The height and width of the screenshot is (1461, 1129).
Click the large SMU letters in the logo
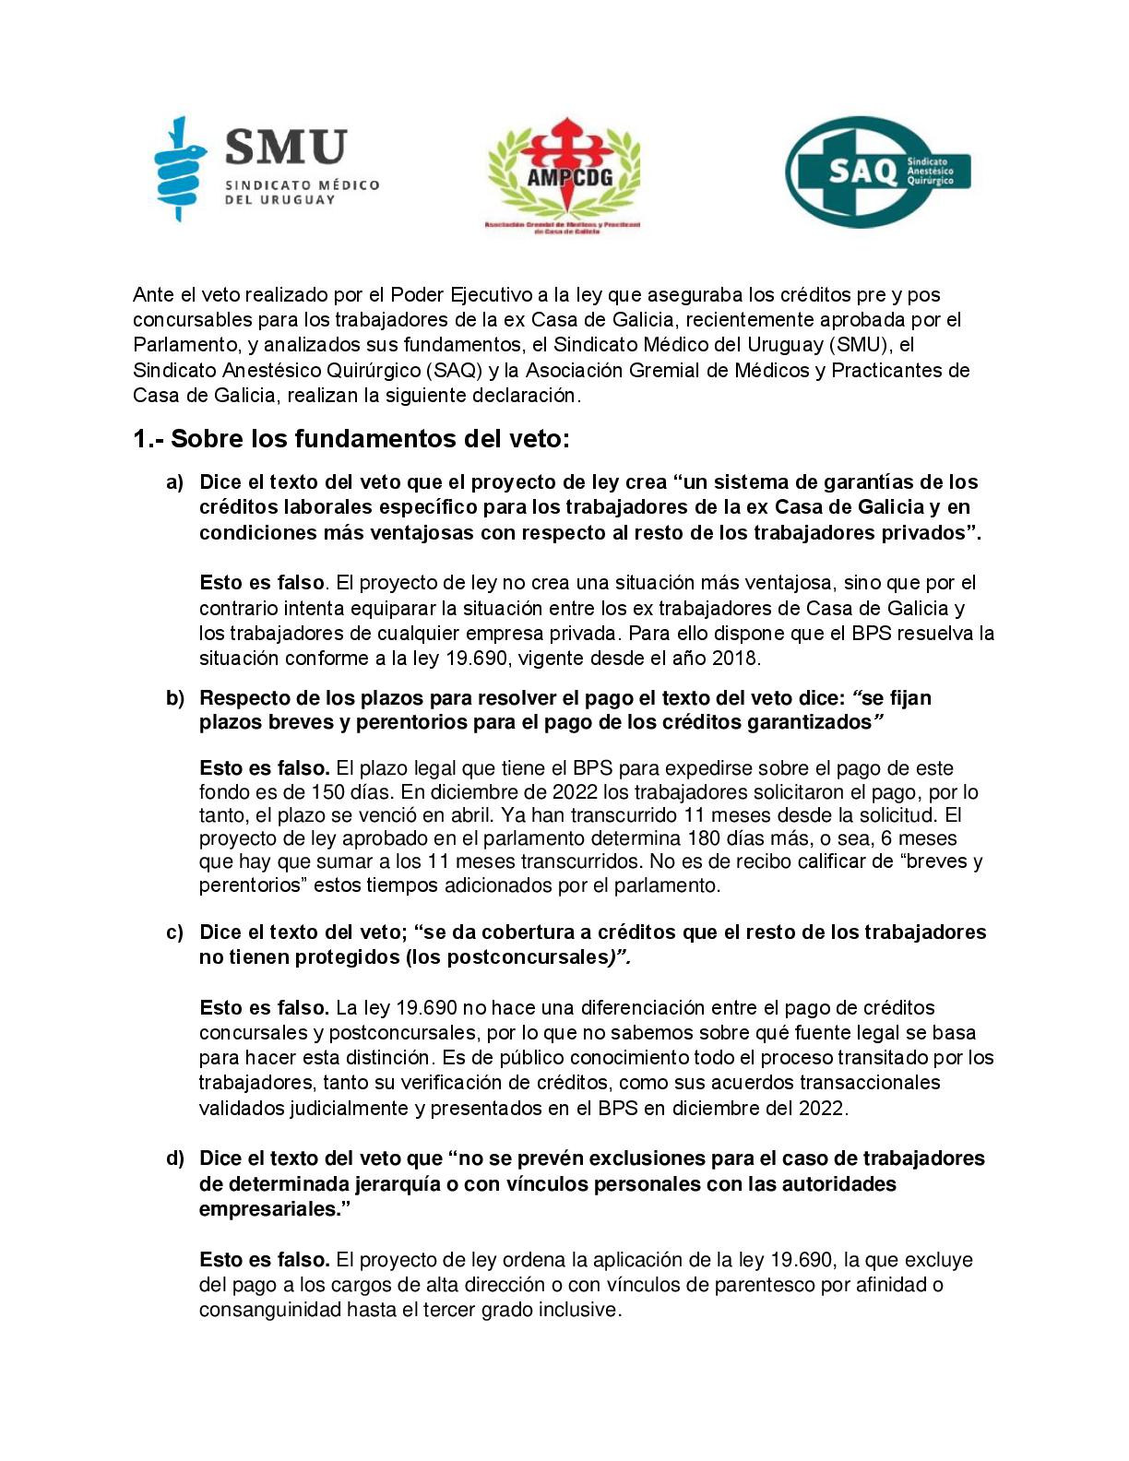pos(286,148)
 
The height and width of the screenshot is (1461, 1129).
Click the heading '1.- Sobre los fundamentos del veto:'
pos(351,438)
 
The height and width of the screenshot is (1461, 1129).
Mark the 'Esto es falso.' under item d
pos(264,1260)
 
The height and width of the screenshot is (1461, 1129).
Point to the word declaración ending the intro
pos(525,396)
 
